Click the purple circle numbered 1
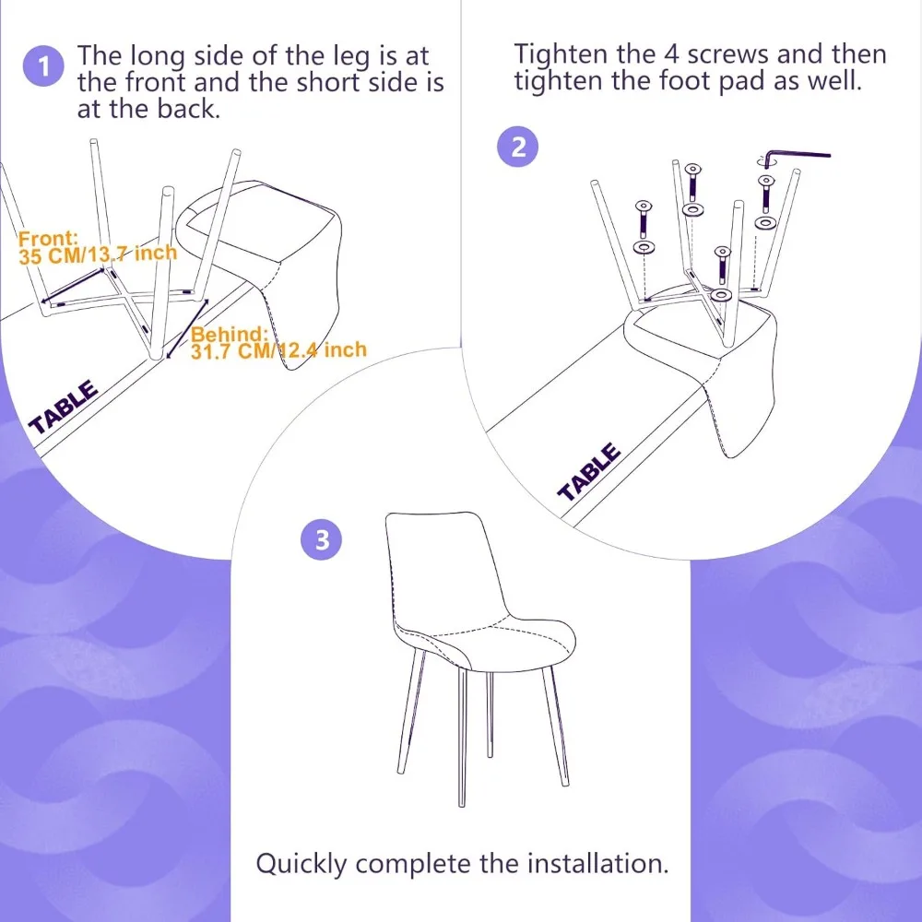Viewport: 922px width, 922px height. tap(43, 65)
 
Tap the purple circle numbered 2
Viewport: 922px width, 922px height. tap(518, 147)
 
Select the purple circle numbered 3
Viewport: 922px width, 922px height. tap(321, 539)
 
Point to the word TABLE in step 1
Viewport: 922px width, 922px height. tap(64, 407)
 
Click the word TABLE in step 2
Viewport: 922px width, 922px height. tap(589, 472)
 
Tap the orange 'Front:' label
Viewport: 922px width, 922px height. tap(48, 238)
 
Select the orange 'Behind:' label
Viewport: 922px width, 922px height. tap(230, 334)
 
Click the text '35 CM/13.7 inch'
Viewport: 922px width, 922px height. tap(98, 254)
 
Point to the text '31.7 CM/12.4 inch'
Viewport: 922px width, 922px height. tap(278, 350)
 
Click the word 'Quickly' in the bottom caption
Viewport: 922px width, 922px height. tap(301, 865)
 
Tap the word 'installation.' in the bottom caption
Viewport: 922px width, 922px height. tap(597, 863)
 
